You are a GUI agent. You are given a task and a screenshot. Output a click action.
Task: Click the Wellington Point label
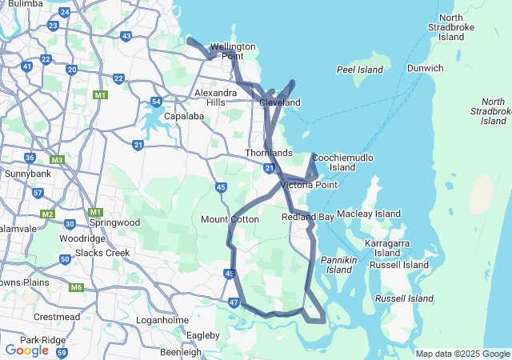(232, 51)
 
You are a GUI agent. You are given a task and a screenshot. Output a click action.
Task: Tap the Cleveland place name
(280, 102)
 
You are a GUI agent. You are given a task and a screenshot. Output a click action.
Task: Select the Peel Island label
(356, 70)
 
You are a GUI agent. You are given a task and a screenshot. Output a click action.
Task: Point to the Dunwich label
(425, 68)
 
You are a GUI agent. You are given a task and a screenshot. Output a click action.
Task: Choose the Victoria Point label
(309, 185)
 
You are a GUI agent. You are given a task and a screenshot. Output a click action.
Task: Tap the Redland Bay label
(308, 217)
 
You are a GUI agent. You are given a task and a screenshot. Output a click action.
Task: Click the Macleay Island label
(369, 214)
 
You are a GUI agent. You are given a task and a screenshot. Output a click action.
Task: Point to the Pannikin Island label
(337, 265)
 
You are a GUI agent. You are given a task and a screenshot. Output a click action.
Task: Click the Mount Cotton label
(230, 219)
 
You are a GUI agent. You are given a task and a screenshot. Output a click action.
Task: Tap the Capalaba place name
(184, 116)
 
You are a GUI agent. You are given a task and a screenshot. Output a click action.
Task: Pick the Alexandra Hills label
(215, 98)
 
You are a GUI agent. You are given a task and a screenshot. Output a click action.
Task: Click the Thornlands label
(268, 153)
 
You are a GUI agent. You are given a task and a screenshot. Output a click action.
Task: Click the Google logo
(26, 350)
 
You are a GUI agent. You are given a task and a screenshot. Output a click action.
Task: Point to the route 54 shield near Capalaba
(156, 102)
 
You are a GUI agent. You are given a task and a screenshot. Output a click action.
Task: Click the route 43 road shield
(126, 36)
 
